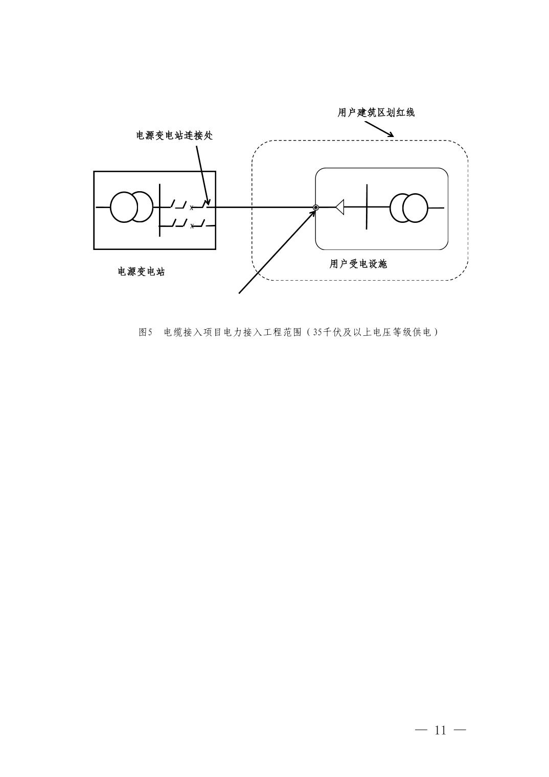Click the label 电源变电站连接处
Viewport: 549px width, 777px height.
(x=174, y=135)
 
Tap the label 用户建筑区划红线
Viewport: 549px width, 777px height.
(x=376, y=112)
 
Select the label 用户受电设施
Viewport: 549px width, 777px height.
(x=358, y=264)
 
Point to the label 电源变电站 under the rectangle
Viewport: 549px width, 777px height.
(x=141, y=271)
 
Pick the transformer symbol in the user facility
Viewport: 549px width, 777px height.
(x=409, y=208)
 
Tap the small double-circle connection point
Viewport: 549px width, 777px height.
(x=315, y=208)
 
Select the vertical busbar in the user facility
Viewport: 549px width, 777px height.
(x=367, y=207)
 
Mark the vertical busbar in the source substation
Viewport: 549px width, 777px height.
(x=159, y=210)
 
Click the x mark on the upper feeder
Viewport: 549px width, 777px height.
(x=192, y=208)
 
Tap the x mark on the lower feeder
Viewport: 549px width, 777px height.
(x=192, y=226)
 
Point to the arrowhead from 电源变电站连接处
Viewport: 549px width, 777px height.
(x=208, y=202)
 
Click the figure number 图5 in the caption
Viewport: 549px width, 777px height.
(x=146, y=332)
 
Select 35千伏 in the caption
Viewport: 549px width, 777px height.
(x=323, y=332)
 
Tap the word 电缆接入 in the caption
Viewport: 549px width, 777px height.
(x=183, y=332)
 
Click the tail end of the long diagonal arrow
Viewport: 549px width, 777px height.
(x=239, y=293)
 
